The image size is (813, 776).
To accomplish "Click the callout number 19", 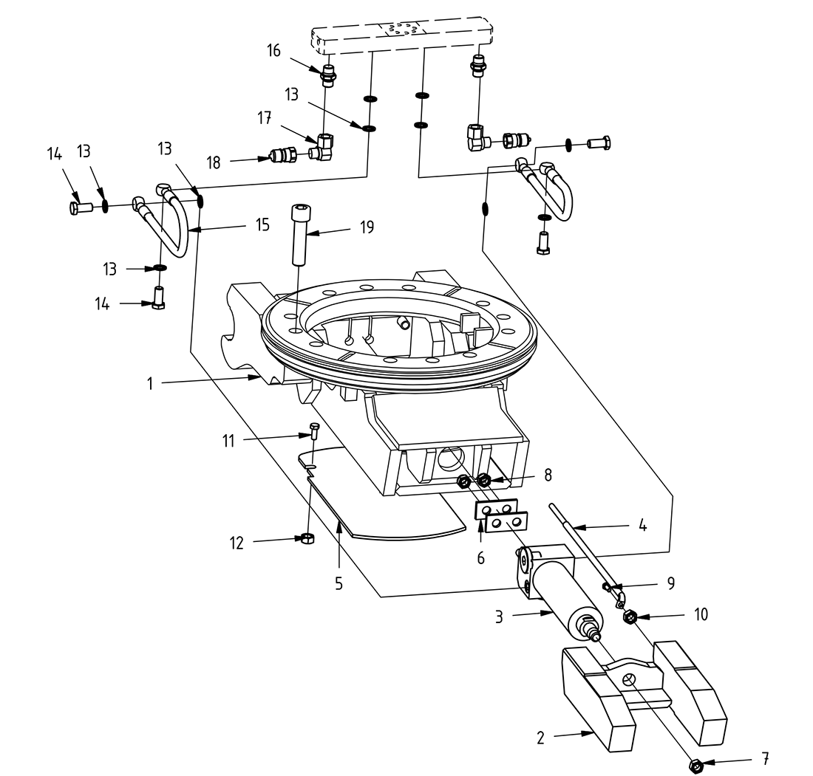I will [367, 227].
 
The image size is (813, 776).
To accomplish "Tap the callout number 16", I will [274, 50].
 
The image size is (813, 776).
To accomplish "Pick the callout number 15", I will [263, 224].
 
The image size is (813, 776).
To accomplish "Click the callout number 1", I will [150, 384].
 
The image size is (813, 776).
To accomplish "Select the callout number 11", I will [228, 441].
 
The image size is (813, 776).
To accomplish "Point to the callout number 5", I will [339, 583].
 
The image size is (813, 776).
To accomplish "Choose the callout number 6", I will [480, 558].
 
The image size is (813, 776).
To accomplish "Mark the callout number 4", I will [642, 526].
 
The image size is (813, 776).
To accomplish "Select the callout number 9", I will [671, 582].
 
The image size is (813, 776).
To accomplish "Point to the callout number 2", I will [540, 737].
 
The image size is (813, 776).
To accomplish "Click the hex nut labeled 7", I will [695, 766].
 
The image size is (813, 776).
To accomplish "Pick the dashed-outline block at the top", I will [400, 35].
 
